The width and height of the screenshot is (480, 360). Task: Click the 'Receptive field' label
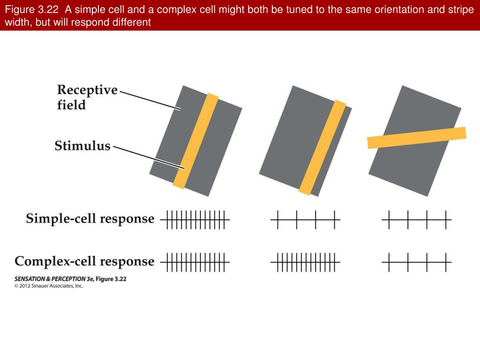(87, 97)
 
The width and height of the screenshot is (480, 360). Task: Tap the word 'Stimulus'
(82, 146)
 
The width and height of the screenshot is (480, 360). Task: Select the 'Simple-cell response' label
(90, 218)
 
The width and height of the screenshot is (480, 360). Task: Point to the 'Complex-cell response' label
(84, 261)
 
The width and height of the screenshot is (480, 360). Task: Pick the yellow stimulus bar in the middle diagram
(322, 148)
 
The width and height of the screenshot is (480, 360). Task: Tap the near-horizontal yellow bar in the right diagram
(416, 138)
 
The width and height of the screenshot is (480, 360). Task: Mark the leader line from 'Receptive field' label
(150, 101)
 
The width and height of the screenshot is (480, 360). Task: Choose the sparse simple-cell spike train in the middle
(305, 219)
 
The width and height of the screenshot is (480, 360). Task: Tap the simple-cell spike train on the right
(417, 219)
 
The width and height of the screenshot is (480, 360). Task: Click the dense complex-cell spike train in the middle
(305, 262)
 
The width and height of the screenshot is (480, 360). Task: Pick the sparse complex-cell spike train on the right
(417, 262)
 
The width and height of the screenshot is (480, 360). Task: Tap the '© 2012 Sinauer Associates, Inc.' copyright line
(49, 286)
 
